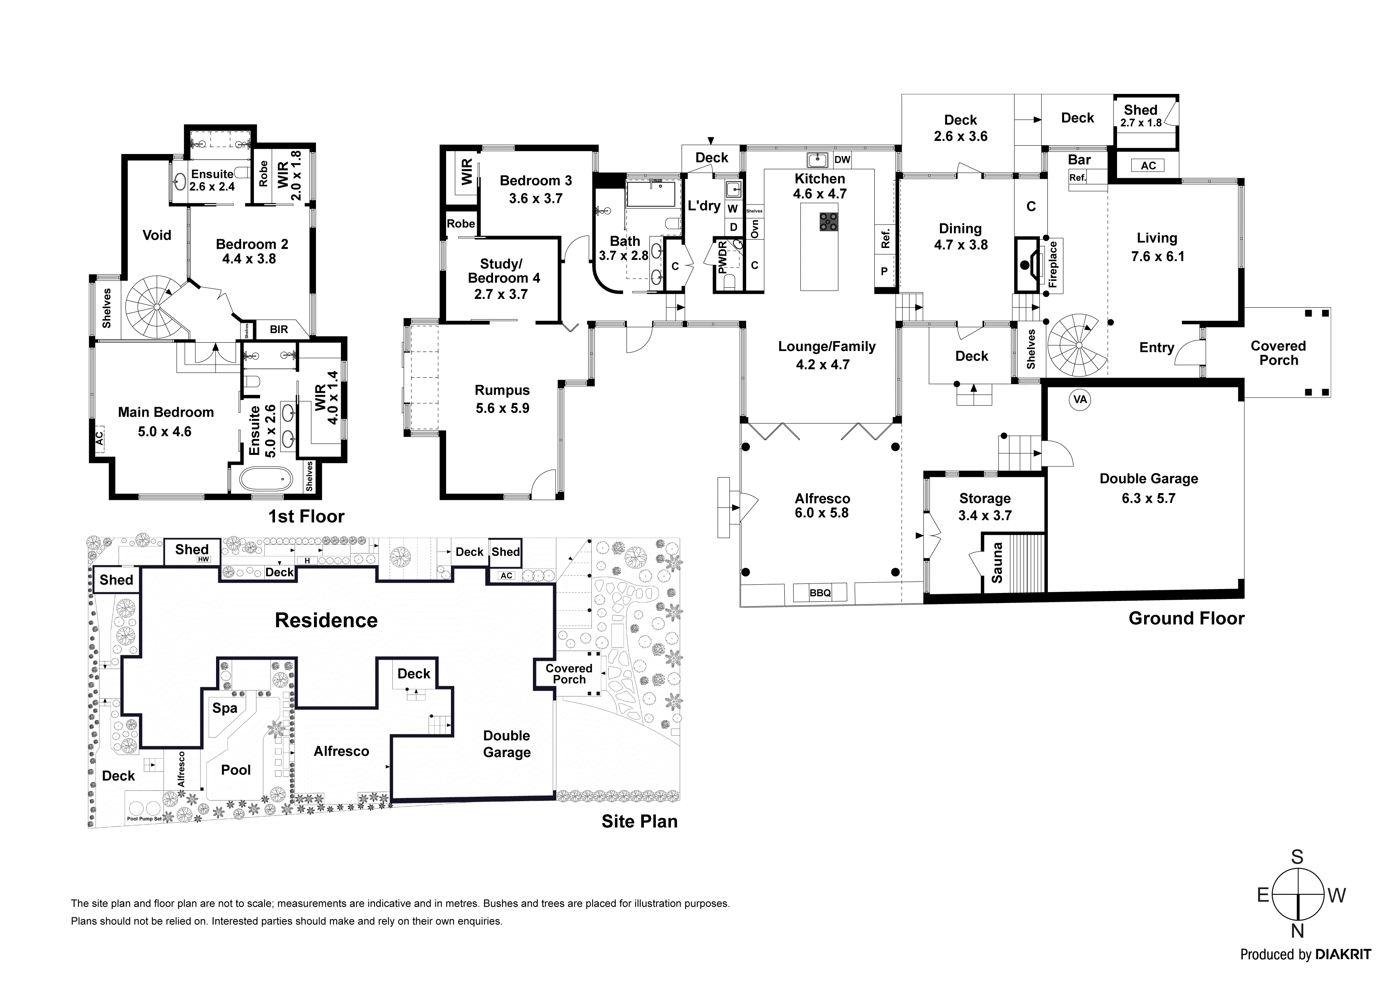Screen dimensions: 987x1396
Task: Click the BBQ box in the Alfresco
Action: [x=820, y=592]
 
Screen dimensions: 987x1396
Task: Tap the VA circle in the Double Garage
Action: [x=1080, y=400]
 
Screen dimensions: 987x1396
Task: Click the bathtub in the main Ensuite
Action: [x=266, y=479]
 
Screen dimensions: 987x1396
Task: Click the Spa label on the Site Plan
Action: [x=224, y=708]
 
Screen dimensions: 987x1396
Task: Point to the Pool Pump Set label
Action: [x=144, y=819]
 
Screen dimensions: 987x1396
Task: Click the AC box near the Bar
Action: [x=1148, y=166]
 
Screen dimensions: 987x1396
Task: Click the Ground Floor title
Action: [x=1186, y=618]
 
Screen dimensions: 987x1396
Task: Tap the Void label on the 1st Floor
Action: [x=157, y=235]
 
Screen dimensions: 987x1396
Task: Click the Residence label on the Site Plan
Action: [x=326, y=620]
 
